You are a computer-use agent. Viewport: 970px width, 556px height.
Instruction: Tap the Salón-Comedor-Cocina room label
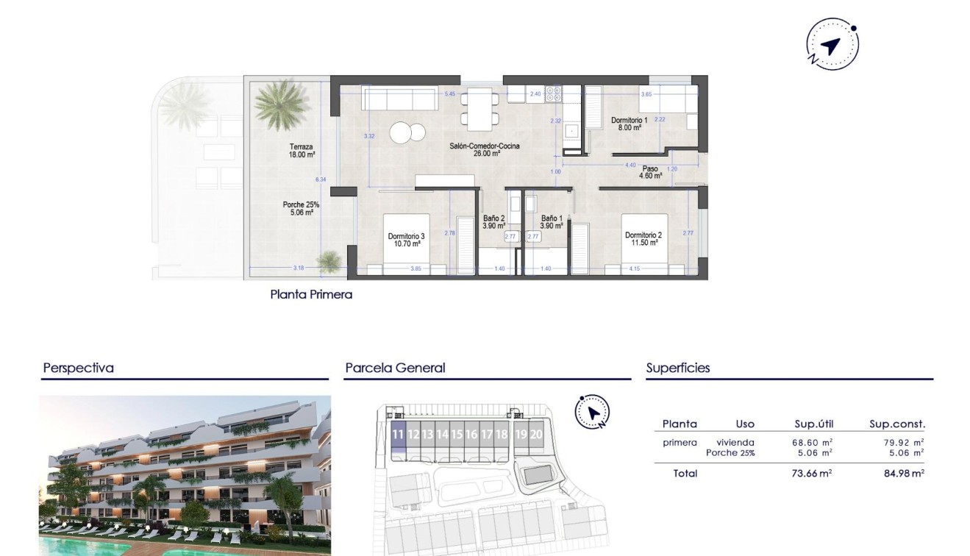485,149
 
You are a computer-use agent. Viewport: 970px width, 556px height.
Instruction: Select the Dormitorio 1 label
629,124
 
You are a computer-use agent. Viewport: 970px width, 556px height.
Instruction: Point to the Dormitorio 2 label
643,238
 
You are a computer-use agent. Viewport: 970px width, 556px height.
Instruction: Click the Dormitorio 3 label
406,240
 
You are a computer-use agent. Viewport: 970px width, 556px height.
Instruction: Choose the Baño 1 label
552,222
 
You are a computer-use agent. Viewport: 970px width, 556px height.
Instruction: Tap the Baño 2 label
493,222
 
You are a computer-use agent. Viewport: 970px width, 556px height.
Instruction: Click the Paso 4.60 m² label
649,172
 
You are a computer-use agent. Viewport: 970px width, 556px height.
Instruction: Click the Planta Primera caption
311,295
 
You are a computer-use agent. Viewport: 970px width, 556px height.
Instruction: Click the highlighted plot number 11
398,435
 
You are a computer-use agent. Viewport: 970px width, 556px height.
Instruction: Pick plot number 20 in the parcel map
536,435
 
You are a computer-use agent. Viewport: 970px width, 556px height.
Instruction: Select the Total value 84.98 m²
904,474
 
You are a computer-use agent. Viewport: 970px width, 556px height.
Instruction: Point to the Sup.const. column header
897,424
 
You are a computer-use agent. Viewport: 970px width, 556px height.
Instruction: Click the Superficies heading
678,368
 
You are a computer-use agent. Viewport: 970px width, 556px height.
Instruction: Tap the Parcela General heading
395,368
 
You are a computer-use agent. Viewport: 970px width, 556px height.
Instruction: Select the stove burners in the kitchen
553,93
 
